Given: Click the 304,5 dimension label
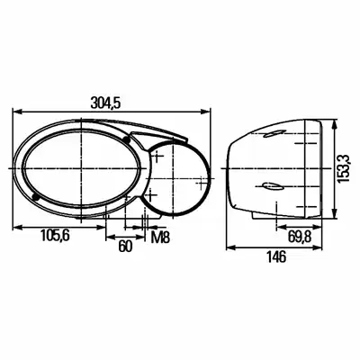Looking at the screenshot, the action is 105,103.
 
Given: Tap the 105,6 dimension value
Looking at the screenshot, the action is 55,235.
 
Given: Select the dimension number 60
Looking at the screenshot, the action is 125,247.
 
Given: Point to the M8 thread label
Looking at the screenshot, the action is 160,238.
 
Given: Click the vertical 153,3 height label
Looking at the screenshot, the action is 342,168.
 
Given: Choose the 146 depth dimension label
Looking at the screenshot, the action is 276,256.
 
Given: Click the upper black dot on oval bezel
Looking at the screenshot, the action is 126,139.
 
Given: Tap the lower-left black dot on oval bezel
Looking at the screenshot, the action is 36,197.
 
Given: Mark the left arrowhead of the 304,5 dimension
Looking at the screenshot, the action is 17,112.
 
